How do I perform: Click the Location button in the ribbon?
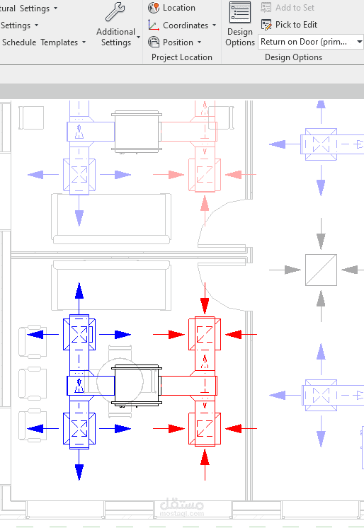tap(172, 8)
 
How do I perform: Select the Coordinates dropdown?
tap(182, 25)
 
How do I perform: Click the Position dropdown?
tap(175, 42)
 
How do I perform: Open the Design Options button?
tap(240, 24)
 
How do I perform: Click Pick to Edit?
tap(289, 25)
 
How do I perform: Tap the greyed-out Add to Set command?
tap(288, 7)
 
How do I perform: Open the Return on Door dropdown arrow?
tap(359, 42)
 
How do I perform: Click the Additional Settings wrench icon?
tap(115, 12)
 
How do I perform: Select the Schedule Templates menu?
tap(44, 42)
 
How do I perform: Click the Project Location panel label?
tap(182, 57)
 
